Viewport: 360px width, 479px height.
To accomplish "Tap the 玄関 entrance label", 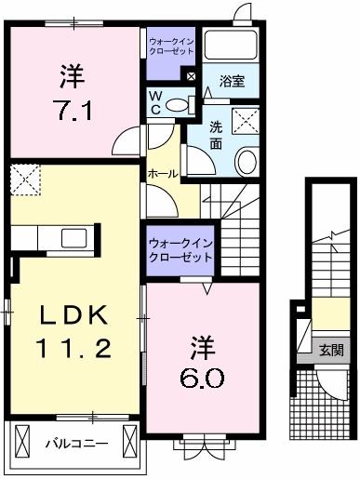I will pyautogui.click(x=331, y=351).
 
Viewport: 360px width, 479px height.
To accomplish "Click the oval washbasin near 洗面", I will pyautogui.click(x=246, y=163).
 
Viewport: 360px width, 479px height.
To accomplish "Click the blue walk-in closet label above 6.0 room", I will pyautogui.click(x=180, y=248).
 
